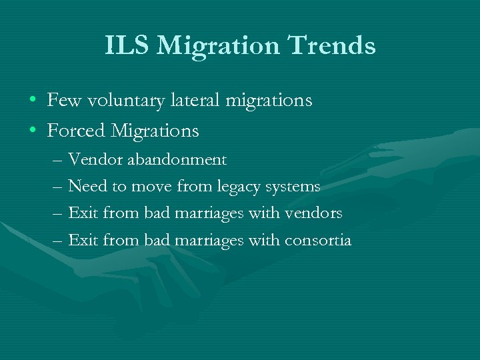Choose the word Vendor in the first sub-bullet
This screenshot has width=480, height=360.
click(x=93, y=160)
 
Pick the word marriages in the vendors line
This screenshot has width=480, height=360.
click(x=209, y=214)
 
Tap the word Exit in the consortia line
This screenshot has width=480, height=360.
click(x=83, y=240)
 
